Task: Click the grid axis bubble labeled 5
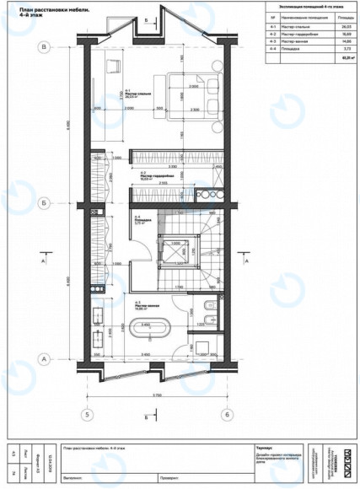pyautogui.click(x=84, y=414)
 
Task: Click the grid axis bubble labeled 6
pyautogui.click(x=227, y=414)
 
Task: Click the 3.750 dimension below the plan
pyautogui.click(x=157, y=395)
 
